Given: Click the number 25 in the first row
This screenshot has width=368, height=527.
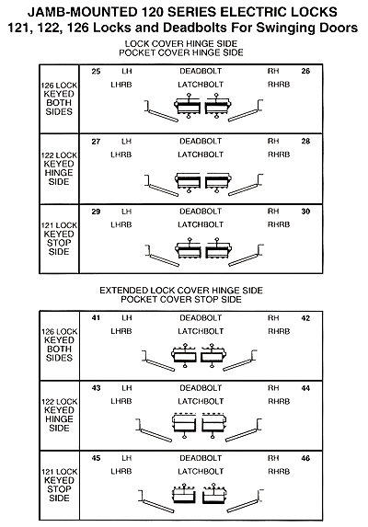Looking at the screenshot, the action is [96, 71].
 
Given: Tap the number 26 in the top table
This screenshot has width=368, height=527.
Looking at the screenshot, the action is [305, 71].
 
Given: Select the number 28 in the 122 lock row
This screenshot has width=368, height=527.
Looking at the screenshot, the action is [305, 142].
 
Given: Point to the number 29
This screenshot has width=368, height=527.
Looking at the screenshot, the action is [96, 212].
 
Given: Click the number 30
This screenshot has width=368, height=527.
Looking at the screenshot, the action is [305, 212].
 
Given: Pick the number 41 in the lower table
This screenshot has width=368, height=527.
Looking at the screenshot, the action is [96, 318].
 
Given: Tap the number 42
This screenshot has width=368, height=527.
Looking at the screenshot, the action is [305, 318].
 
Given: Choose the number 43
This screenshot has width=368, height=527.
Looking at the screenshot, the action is [96, 388].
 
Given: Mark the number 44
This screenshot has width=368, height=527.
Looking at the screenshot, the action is [305, 388].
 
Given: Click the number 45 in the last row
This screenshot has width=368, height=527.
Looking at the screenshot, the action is [96, 458].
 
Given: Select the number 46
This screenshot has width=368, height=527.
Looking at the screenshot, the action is [305, 458].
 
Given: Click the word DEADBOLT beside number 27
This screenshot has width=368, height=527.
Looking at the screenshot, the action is [201, 142].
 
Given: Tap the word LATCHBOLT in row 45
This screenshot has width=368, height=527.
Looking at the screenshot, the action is [201, 472].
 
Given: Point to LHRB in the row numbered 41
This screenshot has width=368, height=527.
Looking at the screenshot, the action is [121, 331].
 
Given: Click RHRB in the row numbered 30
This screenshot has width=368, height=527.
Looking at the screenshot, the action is [279, 224].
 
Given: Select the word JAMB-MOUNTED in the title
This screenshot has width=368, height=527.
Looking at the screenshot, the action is [83, 13].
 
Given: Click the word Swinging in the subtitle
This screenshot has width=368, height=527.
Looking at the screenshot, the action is [284, 28].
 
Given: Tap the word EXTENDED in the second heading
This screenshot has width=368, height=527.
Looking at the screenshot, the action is [123, 291].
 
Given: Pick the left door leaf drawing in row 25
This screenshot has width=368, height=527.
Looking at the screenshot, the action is [162, 112].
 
